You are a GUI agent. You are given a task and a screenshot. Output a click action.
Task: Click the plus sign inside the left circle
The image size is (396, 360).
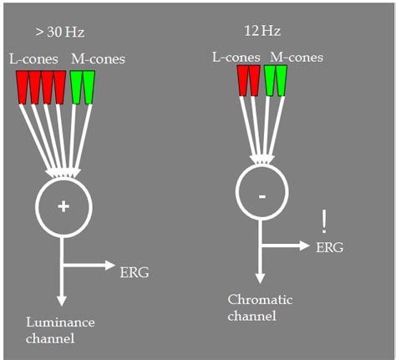[x=63, y=206]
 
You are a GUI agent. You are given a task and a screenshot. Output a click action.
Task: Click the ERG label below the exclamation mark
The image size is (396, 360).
[x=328, y=247]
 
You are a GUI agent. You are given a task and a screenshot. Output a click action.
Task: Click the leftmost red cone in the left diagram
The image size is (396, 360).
[x=23, y=85]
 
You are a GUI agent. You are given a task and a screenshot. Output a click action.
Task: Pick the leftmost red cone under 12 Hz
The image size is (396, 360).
[x=243, y=79]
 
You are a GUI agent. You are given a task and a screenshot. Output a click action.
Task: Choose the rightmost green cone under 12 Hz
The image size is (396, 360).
[x=282, y=79]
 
